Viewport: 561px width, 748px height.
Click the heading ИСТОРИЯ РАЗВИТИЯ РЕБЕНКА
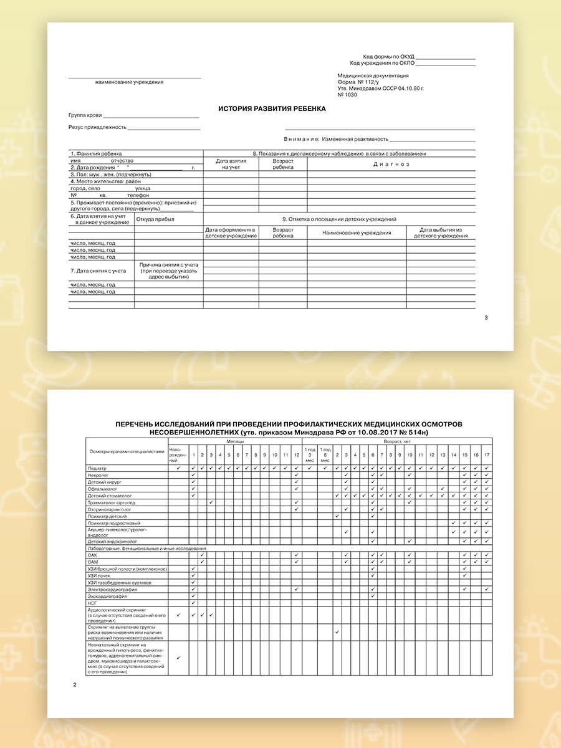272,108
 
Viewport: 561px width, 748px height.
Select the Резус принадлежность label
97,127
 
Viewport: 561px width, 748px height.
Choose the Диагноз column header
391,164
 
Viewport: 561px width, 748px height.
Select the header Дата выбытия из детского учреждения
441,233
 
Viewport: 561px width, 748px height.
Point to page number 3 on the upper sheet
486,318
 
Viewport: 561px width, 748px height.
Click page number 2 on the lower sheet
75,686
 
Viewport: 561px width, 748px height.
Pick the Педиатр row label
98,468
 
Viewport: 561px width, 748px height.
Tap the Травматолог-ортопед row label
112,502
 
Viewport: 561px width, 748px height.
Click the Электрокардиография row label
113,589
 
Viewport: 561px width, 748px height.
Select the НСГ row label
93,603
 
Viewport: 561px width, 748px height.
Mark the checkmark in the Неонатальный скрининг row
178,658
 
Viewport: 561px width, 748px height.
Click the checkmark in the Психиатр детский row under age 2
337,516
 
